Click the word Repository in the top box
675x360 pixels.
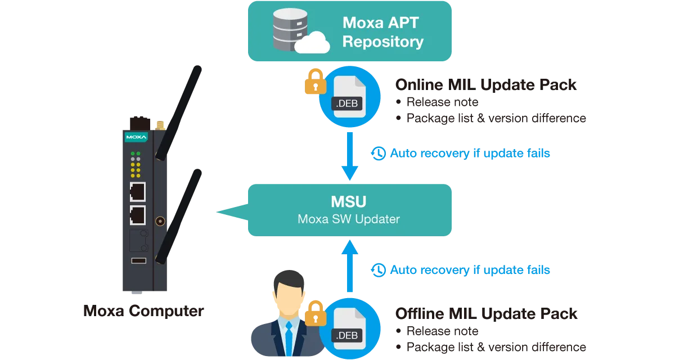(x=382, y=42)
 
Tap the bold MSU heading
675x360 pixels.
(x=349, y=201)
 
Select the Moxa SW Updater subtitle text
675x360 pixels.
(x=349, y=219)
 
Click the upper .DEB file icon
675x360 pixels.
(x=349, y=97)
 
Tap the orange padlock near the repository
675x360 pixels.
(x=315, y=82)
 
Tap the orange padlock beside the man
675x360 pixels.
(x=315, y=313)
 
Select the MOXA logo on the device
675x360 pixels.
(x=136, y=137)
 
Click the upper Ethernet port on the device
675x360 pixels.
(x=137, y=192)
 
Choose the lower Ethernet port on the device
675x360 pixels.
(x=137, y=215)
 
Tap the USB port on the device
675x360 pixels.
(x=138, y=260)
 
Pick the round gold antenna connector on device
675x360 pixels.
(x=160, y=221)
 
